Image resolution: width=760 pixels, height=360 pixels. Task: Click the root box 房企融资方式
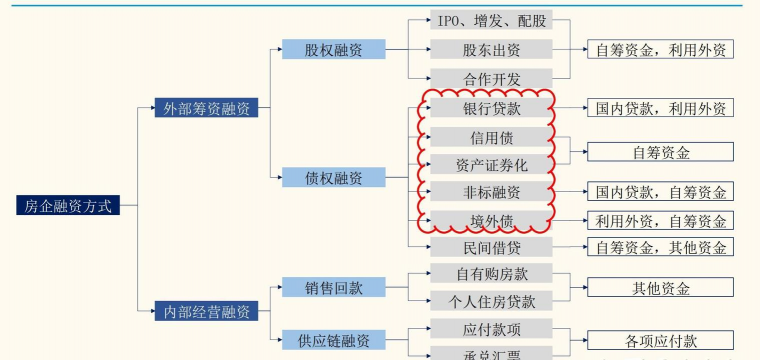pyautogui.click(x=68, y=206)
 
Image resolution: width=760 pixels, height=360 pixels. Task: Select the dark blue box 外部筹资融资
pyautogui.click(x=207, y=108)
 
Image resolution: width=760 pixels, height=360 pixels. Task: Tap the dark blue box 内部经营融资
pyautogui.click(x=207, y=312)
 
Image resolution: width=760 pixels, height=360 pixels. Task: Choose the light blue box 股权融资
pyautogui.click(x=333, y=49)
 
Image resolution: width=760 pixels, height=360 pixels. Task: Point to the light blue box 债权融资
pyautogui.click(x=333, y=178)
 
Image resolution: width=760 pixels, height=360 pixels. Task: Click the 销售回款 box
pyautogui.click(x=333, y=288)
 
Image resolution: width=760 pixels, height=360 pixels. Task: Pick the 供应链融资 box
pyautogui.click(x=333, y=341)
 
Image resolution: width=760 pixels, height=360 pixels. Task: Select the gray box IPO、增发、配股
pyautogui.click(x=491, y=21)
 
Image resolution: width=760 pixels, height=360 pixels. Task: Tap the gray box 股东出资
pyautogui.click(x=491, y=49)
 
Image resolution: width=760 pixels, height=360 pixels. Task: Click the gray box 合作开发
pyautogui.click(x=491, y=78)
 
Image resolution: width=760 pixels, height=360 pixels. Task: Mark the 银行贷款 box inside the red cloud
pyautogui.click(x=491, y=108)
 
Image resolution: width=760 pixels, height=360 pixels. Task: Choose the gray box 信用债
pyautogui.click(x=491, y=137)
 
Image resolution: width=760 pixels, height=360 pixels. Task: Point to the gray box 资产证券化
pyautogui.click(x=491, y=164)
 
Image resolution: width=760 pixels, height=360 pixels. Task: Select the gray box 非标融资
pyautogui.click(x=491, y=192)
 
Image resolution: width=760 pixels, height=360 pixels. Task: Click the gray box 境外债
pyautogui.click(x=491, y=221)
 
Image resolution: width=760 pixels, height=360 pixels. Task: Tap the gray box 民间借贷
pyautogui.click(x=491, y=247)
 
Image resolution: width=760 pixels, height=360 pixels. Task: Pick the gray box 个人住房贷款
pyautogui.click(x=491, y=301)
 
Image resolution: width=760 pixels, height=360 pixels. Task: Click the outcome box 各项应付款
pyautogui.click(x=660, y=341)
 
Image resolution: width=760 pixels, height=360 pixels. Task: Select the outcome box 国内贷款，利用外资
pyautogui.click(x=660, y=108)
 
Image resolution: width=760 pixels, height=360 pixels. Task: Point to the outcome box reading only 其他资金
pyautogui.click(x=660, y=288)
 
